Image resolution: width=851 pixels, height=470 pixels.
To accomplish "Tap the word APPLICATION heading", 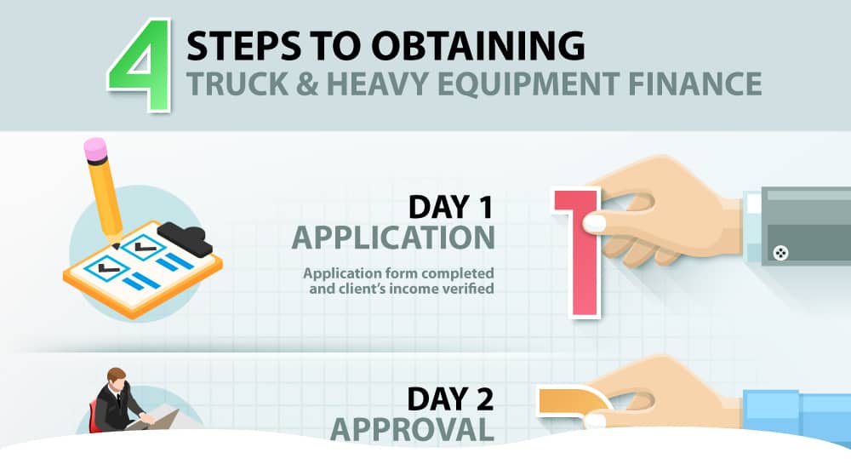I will click(x=393, y=238).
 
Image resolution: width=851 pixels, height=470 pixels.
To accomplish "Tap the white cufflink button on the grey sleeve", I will click(x=780, y=252).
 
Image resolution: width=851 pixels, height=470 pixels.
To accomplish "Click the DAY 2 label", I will click(x=450, y=398).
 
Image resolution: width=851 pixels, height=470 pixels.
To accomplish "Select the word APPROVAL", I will click(x=413, y=428).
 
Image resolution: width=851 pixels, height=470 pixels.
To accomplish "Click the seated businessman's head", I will click(x=117, y=377).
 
